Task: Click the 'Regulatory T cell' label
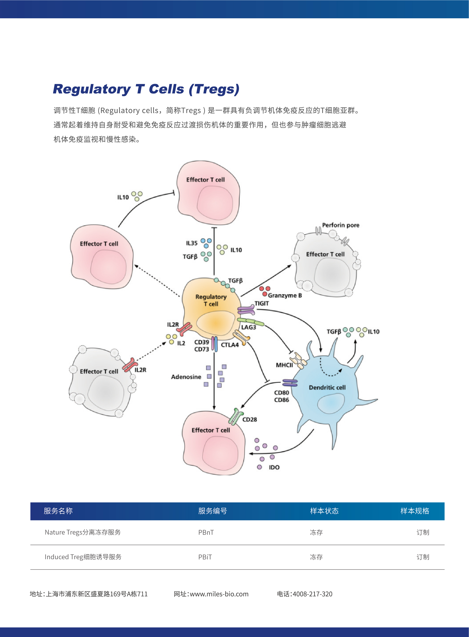click(x=211, y=300)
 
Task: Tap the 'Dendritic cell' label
click(x=327, y=387)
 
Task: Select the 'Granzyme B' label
click(x=285, y=295)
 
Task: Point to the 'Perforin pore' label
click(x=340, y=225)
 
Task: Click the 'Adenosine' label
click(x=186, y=377)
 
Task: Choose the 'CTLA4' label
click(x=230, y=345)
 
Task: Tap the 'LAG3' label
click(x=248, y=327)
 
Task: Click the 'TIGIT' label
click(x=261, y=303)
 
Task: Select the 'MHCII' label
click(x=284, y=365)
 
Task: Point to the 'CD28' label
click(x=250, y=419)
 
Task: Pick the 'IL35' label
click(x=192, y=243)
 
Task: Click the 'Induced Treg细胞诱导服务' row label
click(x=83, y=557)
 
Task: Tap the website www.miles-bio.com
click(x=219, y=594)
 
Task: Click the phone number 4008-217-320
click(x=312, y=594)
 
